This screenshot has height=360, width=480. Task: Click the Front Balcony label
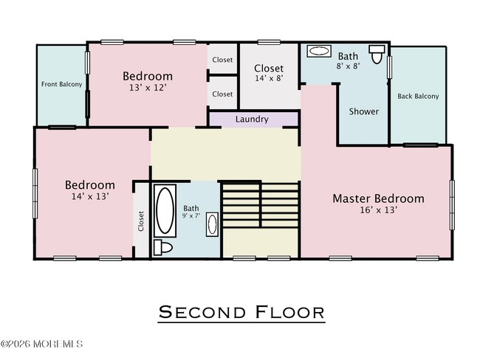point(61,84)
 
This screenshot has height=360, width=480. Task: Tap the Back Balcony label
point(418,97)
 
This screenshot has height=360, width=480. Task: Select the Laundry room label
point(252,120)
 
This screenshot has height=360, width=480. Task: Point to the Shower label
point(364,111)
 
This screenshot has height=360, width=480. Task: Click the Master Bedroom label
point(379,198)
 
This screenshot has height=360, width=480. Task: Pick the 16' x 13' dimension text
point(379,210)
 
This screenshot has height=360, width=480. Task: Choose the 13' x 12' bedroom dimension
point(148,88)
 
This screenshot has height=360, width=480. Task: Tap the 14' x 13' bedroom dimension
point(90,196)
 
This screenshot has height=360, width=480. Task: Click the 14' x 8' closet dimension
point(269,78)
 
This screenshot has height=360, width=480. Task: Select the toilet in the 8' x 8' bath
point(377,54)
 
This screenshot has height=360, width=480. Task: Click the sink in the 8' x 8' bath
point(319,51)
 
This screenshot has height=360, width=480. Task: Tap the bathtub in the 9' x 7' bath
point(165,210)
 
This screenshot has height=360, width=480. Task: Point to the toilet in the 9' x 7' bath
point(162,247)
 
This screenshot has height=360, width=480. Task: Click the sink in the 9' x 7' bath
point(212,224)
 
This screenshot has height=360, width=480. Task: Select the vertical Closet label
point(141,221)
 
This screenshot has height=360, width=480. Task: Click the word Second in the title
point(202,312)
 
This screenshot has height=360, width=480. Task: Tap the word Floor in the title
point(289,312)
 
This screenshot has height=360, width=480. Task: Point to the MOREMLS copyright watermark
point(41,344)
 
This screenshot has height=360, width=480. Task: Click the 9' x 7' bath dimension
point(191,216)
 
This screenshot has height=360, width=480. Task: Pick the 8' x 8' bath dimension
point(348,66)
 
